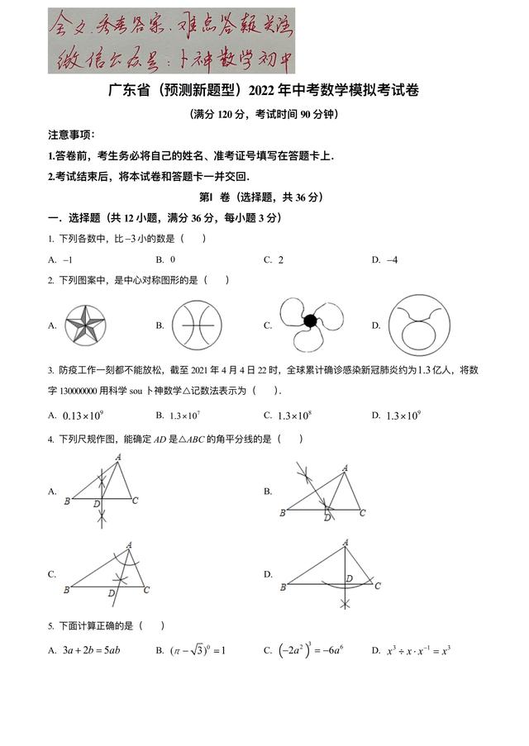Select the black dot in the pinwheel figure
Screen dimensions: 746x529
pyautogui.click(x=310, y=321)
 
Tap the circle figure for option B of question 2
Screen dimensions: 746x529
pyautogui.click(x=197, y=325)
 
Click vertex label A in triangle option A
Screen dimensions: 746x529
pyautogui.click(x=119, y=456)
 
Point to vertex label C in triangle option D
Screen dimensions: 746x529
pyautogui.click(x=378, y=586)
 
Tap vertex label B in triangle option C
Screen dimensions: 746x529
pyautogui.click(x=66, y=590)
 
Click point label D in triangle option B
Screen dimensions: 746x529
pyautogui.click(x=327, y=517)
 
